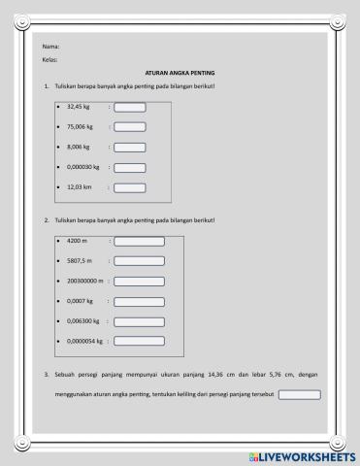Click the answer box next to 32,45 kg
coord(130,107)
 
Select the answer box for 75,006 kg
coord(130,127)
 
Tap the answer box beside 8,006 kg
coord(130,148)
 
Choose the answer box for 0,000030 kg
coord(130,168)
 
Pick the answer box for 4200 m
coord(140,241)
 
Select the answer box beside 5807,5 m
coord(140,261)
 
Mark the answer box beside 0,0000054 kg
coord(140,342)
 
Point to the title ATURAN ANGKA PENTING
coord(180,73)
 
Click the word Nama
coord(51,47)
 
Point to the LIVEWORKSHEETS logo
coord(303,456)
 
